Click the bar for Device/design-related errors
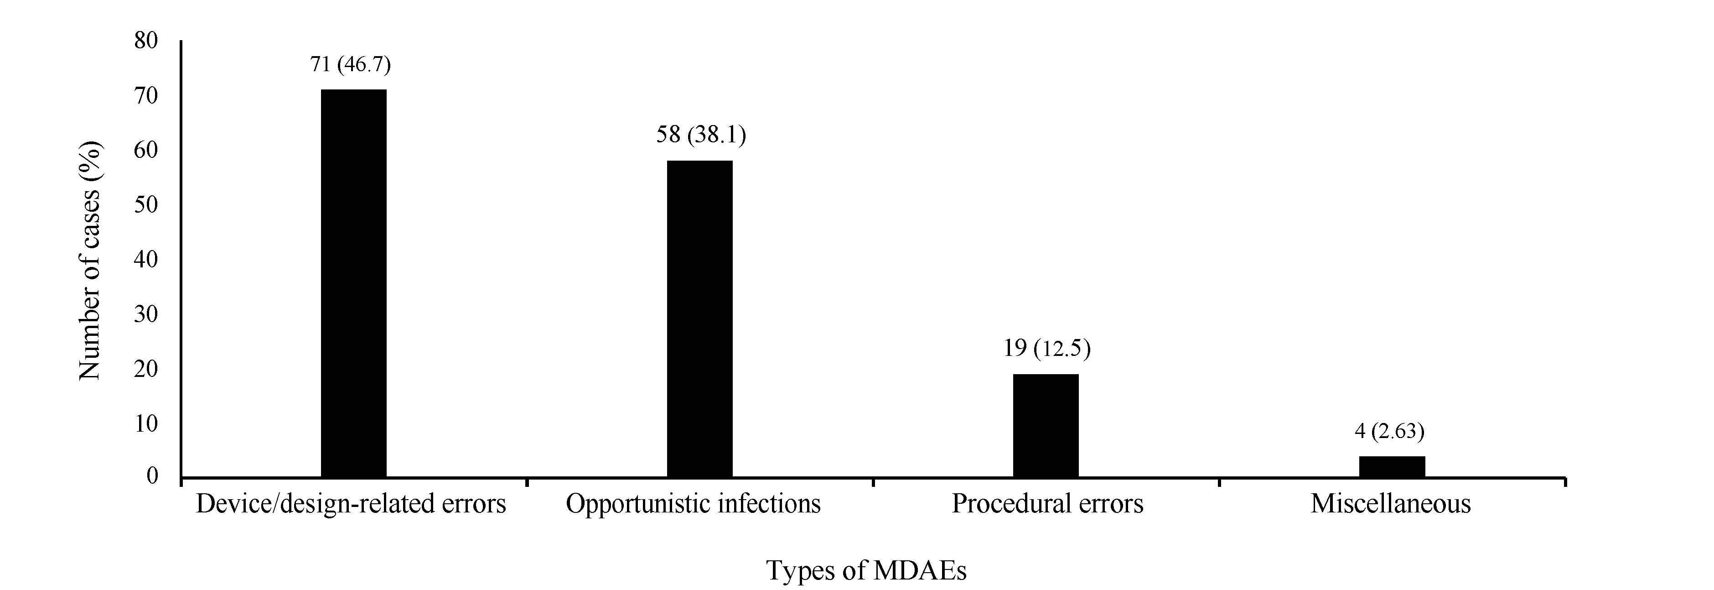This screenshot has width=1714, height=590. tap(353, 283)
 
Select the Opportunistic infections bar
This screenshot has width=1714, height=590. tap(699, 318)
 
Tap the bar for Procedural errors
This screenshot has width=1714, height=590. tap(1045, 425)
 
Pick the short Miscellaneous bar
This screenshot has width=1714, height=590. tap(1391, 466)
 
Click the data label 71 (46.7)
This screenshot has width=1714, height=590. tap(350, 65)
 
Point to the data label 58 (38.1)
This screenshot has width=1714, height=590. tap(701, 135)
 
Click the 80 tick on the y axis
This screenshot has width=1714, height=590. tap(146, 41)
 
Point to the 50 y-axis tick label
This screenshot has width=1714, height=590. tap(146, 204)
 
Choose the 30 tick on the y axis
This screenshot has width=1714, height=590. tap(146, 313)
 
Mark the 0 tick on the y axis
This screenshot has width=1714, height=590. tap(152, 476)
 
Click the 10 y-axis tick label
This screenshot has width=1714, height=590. tap(146, 423)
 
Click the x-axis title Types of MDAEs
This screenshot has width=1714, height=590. tap(865, 570)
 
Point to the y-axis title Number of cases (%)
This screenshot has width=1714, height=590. tap(90, 261)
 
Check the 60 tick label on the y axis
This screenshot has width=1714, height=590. tap(146, 151)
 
